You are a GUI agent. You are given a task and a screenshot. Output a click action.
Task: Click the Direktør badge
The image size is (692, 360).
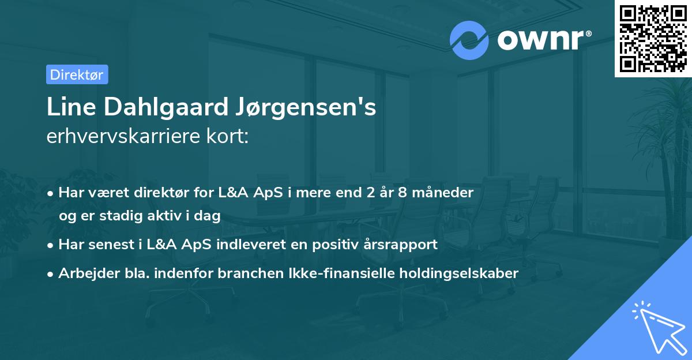pos(77,74)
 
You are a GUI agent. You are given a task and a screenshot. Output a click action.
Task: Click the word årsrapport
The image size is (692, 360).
pos(401,245)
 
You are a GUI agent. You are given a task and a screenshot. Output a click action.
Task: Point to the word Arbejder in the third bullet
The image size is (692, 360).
pos(85,273)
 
